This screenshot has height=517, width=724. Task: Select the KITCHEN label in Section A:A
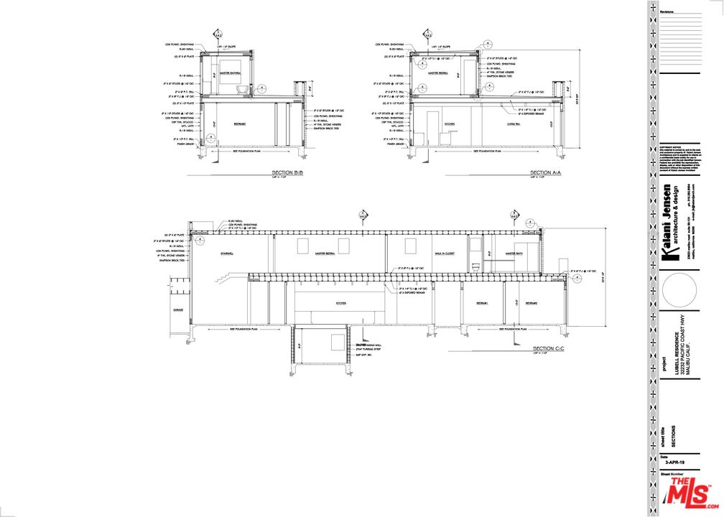[449, 124]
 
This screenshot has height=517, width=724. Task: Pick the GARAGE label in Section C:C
[177, 309]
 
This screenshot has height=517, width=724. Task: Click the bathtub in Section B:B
[241, 89]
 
